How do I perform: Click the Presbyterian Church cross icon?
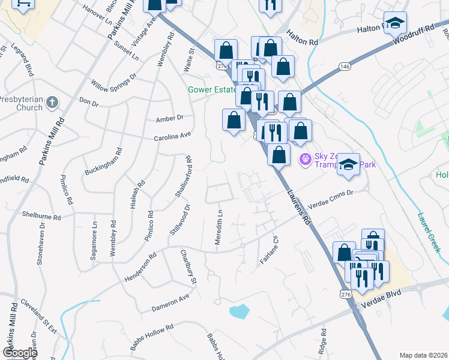point(53,102)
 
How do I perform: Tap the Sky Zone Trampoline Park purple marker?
point(304,159)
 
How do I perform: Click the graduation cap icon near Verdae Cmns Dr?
point(348,164)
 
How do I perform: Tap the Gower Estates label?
point(210,91)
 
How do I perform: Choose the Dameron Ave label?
point(170,300)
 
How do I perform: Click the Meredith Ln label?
point(220,227)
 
